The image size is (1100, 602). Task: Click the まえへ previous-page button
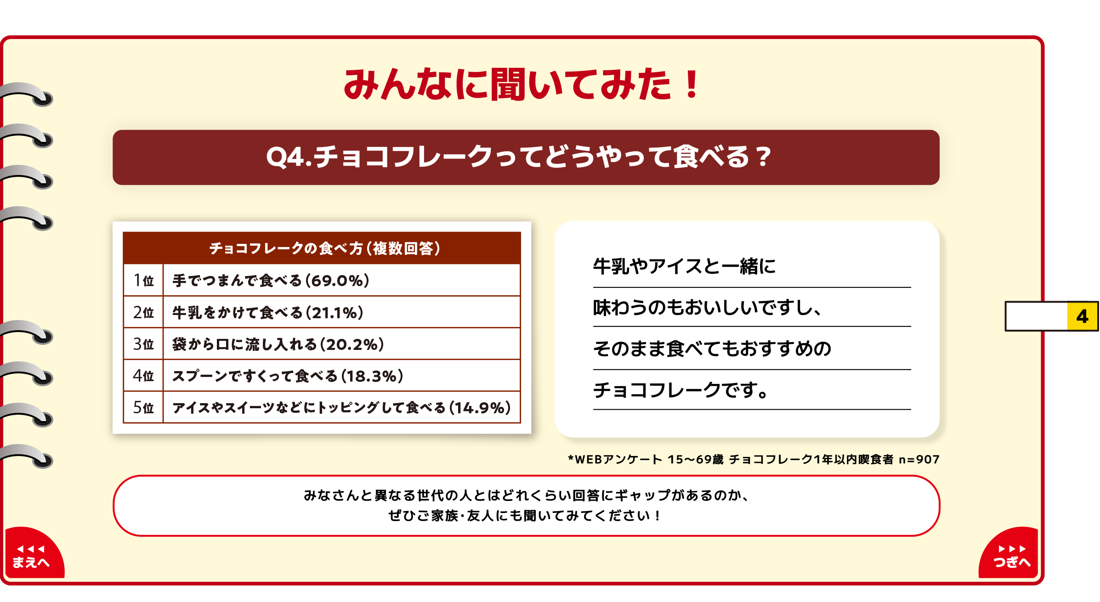(x=33, y=553)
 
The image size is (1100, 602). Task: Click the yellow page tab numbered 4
(x=1082, y=316)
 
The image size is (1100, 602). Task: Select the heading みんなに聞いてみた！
(x=521, y=84)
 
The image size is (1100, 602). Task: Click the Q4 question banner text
(x=518, y=157)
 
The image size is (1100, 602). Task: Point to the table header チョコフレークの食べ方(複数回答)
(x=325, y=248)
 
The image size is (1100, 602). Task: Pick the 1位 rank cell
(x=143, y=280)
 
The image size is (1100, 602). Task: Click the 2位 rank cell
(x=143, y=312)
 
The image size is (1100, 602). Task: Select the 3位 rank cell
(x=143, y=344)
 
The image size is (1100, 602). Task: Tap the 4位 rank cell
(x=143, y=376)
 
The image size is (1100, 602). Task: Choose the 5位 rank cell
(x=143, y=407)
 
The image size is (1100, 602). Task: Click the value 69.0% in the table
(x=338, y=281)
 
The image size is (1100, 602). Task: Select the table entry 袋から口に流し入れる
(x=244, y=344)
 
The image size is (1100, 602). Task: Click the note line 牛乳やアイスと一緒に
(x=684, y=266)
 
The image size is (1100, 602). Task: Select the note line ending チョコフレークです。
(x=681, y=390)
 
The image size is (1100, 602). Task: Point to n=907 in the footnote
(x=919, y=459)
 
